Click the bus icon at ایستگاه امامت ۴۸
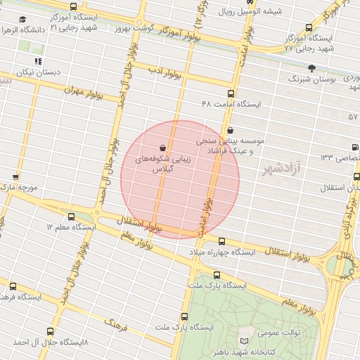coord(231,94)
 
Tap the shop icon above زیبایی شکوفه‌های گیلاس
coord(163,148)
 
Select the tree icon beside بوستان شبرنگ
coord(311,68)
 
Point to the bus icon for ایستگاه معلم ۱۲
coord(71,217)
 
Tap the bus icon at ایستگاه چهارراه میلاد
coord(221,241)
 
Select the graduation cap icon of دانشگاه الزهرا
coord(22,20)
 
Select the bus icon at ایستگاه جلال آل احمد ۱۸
coord(49,330)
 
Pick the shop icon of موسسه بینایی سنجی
coord(231,130)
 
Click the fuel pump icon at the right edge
coord(354,147)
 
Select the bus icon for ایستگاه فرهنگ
coord(13,286)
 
